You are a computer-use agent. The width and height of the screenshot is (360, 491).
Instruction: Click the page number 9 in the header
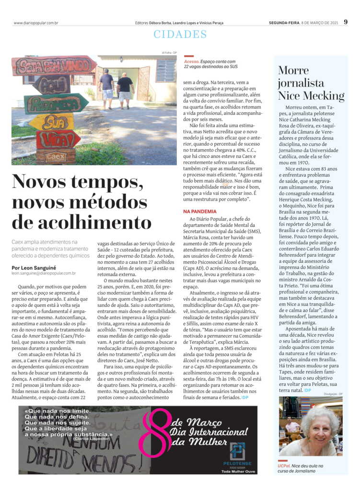346,22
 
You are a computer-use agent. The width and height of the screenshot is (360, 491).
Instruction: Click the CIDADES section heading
180,35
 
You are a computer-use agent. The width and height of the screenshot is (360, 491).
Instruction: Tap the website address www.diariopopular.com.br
36,23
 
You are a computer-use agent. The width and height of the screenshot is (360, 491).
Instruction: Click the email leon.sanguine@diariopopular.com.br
43,273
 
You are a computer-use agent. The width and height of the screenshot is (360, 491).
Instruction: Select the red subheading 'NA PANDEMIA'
200,211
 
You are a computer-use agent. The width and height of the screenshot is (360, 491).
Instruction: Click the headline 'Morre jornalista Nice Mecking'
310,83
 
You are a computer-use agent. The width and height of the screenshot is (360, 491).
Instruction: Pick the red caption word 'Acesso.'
191,61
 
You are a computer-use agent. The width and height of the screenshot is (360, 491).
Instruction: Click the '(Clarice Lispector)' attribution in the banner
94,439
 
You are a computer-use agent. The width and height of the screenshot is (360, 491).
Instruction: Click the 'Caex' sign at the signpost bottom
56,156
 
